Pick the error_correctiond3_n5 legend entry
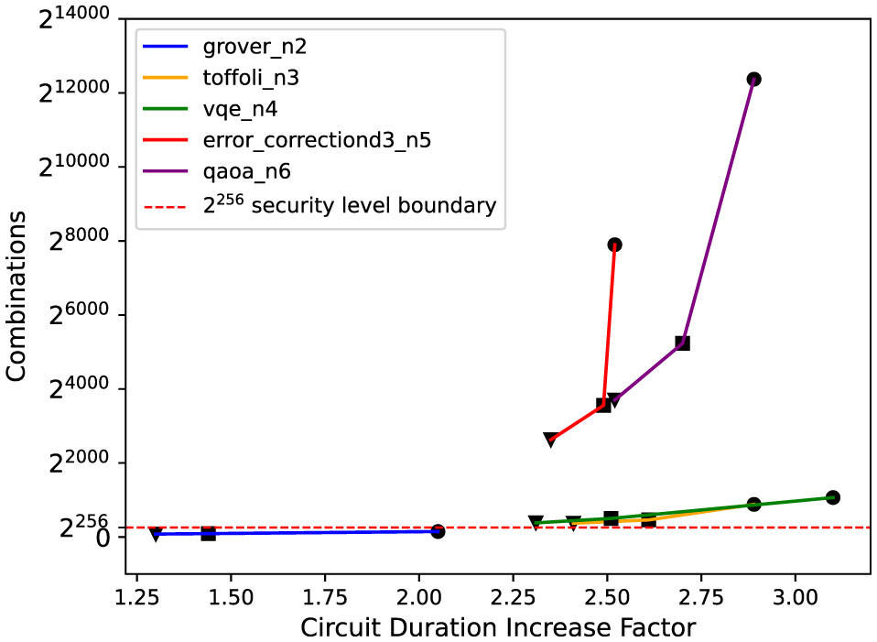(317, 141)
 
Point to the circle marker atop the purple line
(753, 80)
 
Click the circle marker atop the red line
(614, 245)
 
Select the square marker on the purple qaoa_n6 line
(682, 343)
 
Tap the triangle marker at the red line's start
(550, 440)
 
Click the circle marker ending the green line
(832, 497)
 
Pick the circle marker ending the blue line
(438, 531)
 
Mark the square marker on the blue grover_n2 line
(208, 533)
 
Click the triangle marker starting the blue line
(156, 534)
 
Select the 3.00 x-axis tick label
(795, 595)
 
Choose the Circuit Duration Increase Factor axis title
(498, 627)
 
